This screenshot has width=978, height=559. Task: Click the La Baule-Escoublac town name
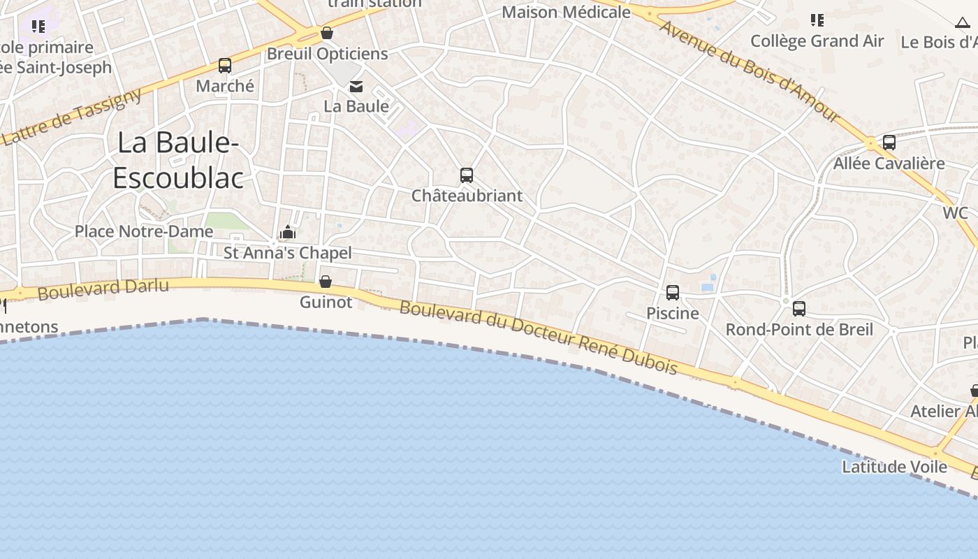[177, 160]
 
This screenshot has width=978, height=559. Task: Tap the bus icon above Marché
[224, 66]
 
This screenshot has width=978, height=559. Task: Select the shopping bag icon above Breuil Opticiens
[326, 33]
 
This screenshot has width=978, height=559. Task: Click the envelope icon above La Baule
[356, 87]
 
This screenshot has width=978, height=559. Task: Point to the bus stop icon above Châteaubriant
[467, 175]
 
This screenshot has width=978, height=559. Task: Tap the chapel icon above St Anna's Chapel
[288, 233]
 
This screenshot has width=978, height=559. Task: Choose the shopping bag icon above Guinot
[326, 282]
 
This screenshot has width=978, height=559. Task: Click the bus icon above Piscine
[673, 293]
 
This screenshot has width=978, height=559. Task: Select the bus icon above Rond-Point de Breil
[799, 308]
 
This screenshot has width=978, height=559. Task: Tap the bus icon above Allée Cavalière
[889, 143]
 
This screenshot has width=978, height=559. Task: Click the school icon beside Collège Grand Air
[817, 20]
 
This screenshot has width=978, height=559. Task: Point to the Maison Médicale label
[566, 13]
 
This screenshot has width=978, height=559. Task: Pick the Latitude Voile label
[894, 467]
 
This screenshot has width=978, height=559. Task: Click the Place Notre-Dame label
[144, 231]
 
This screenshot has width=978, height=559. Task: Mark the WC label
[956, 213]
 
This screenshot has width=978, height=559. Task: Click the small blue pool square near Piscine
[707, 286]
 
